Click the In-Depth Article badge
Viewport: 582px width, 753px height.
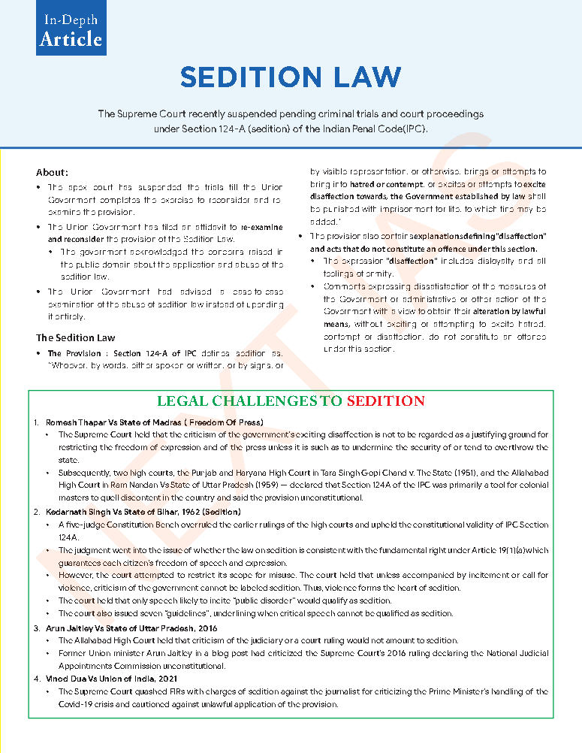71,29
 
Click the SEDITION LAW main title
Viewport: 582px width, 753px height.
291,77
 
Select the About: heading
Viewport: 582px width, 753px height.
52,172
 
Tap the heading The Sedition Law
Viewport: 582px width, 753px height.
76,337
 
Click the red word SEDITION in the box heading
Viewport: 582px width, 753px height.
385,401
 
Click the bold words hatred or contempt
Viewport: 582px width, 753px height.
376,185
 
